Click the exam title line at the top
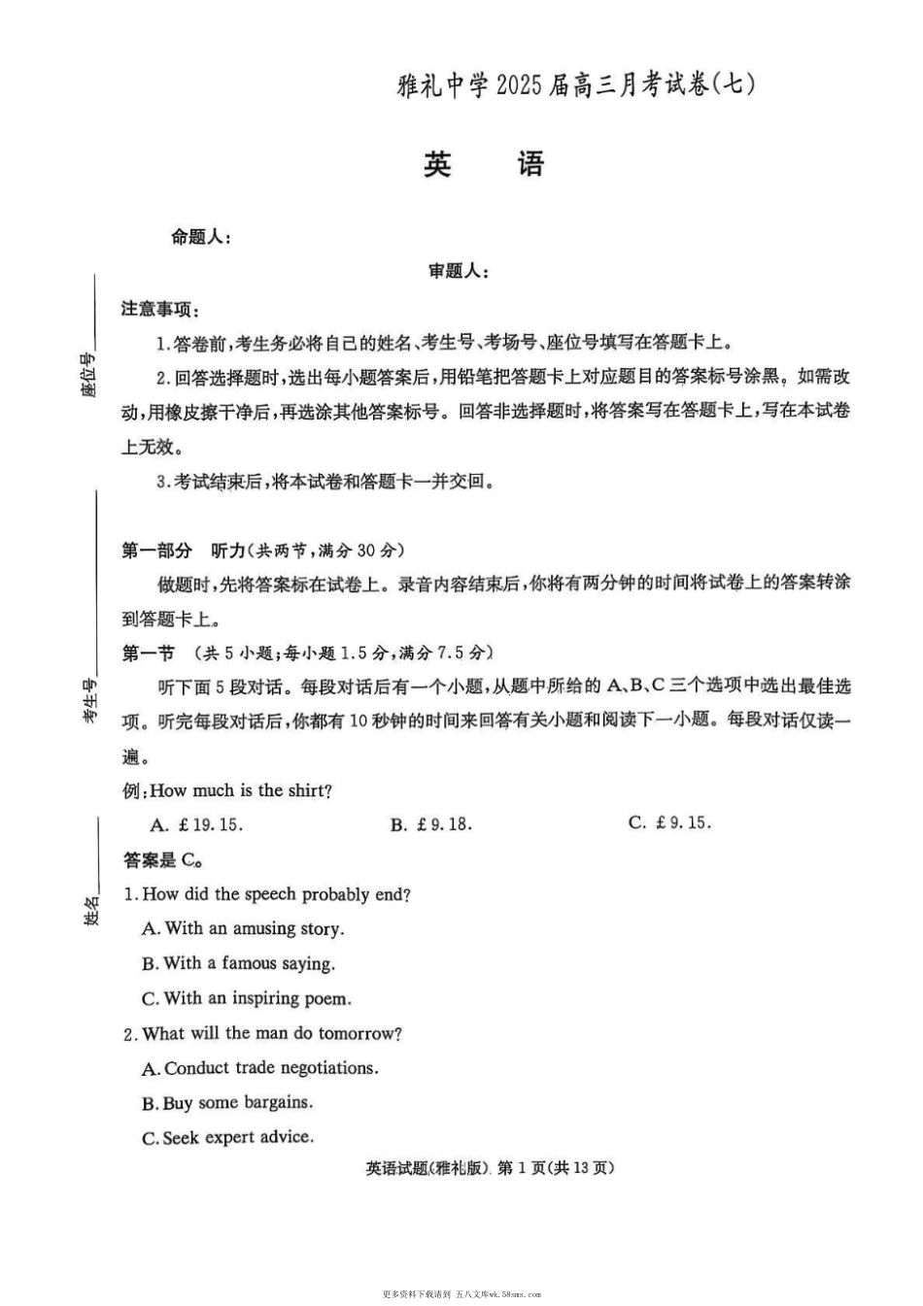point(576,85)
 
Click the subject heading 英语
point(483,164)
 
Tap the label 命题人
point(200,237)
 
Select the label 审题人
point(459,272)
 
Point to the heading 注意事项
point(160,309)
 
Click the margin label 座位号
point(88,376)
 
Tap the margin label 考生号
point(89,700)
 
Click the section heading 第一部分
point(157,551)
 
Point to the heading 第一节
point(148,653)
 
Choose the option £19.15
point(197,825)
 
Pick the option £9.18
point(431,824)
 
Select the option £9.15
point(670,822)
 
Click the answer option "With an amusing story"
point(243,929)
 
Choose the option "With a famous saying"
point(238,964)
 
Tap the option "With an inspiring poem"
point(247,998)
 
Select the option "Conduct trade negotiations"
point(260,1068)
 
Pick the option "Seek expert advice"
point(228,1137)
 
